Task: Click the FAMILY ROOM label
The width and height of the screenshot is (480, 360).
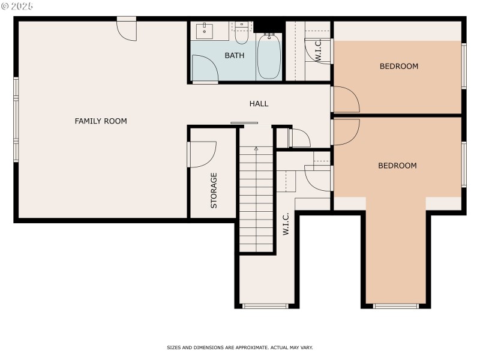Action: [x=101, y=121]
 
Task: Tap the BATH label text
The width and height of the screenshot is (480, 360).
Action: [x=234, y=56]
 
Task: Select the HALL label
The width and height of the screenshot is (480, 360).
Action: [x=259, y=104]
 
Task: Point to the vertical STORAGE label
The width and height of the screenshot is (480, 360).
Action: [x=214, y=191]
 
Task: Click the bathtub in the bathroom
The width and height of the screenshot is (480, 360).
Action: [x=269, y=58]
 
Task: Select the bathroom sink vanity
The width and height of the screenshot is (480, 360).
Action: [x=205, y=31]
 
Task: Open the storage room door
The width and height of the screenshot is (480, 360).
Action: [x=202, y=154]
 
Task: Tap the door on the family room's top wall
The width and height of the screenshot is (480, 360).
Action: [x=127, y=29]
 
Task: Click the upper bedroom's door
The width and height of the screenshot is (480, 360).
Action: [x=344, y=100]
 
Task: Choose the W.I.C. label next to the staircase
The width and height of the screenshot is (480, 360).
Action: [x=286, y=223]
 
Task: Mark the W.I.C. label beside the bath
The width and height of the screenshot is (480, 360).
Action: [x=319, y=51]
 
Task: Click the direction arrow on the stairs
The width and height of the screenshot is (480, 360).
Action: [x=257, y=148]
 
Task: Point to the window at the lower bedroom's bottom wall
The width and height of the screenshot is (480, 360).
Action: [x=395, y=306]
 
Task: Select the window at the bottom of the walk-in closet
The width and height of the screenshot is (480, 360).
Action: [x=265, y=306]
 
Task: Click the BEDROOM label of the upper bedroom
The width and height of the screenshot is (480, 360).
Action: [x=398, y=67]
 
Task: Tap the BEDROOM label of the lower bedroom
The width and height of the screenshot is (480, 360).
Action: [x=397, y=166]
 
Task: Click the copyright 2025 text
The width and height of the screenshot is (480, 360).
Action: [x=17, y=6]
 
